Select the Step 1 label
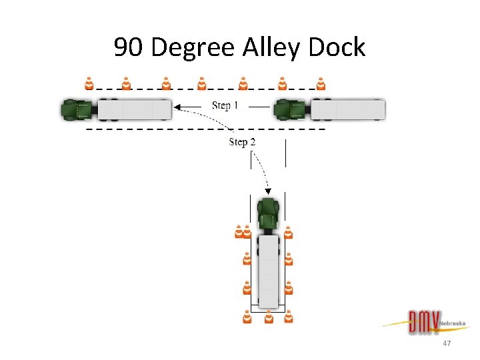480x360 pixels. tap(225, 105)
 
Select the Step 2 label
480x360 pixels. tap(242, 141)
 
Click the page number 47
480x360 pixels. tap(447, 343)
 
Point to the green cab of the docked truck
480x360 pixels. tap(268, 213)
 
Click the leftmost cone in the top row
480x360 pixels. tap(89, 83)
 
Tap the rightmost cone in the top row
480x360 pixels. tap(321, 83)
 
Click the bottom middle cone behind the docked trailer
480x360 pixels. tap(269, 317)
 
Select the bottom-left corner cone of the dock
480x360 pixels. tap(247, 317)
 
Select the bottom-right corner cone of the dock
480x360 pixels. tap(289, 317)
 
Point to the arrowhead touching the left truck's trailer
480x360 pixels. tap(177, 105)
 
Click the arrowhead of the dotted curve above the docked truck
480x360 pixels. tap(268, 191)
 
